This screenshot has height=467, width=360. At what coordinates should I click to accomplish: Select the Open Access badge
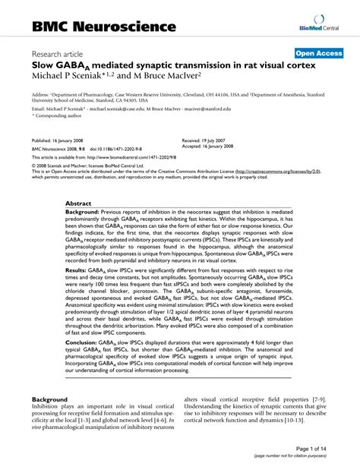[320, 53]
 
